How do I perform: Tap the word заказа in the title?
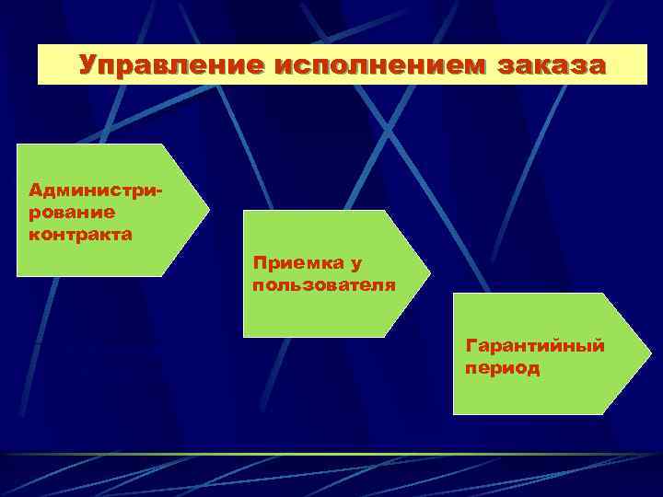tap(552, 65)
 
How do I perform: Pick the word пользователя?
tap(324, 285)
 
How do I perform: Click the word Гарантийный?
tap(535, 346)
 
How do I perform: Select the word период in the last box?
tap(504, 368)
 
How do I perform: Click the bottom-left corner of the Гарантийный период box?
tap(454, 413)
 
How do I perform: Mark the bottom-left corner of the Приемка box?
tap(244, 336)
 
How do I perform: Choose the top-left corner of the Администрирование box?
tap(18, 145)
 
